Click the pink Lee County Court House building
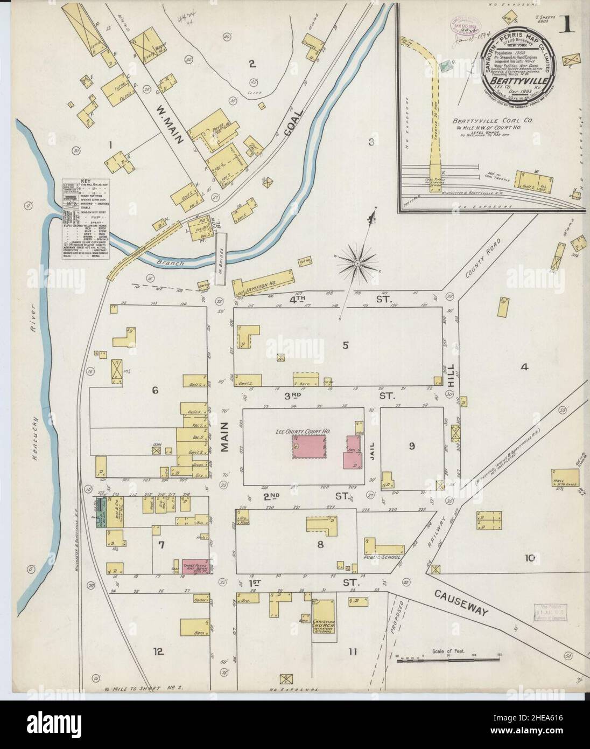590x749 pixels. [310, 447]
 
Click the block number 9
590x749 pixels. [411, 446]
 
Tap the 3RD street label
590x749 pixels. [295, 396]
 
